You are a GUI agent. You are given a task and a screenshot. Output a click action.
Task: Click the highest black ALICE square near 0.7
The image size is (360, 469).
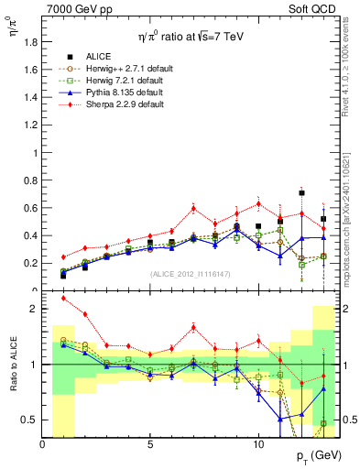(301, 193)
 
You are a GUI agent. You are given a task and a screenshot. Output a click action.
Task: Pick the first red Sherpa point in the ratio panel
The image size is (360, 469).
(63, 299)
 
